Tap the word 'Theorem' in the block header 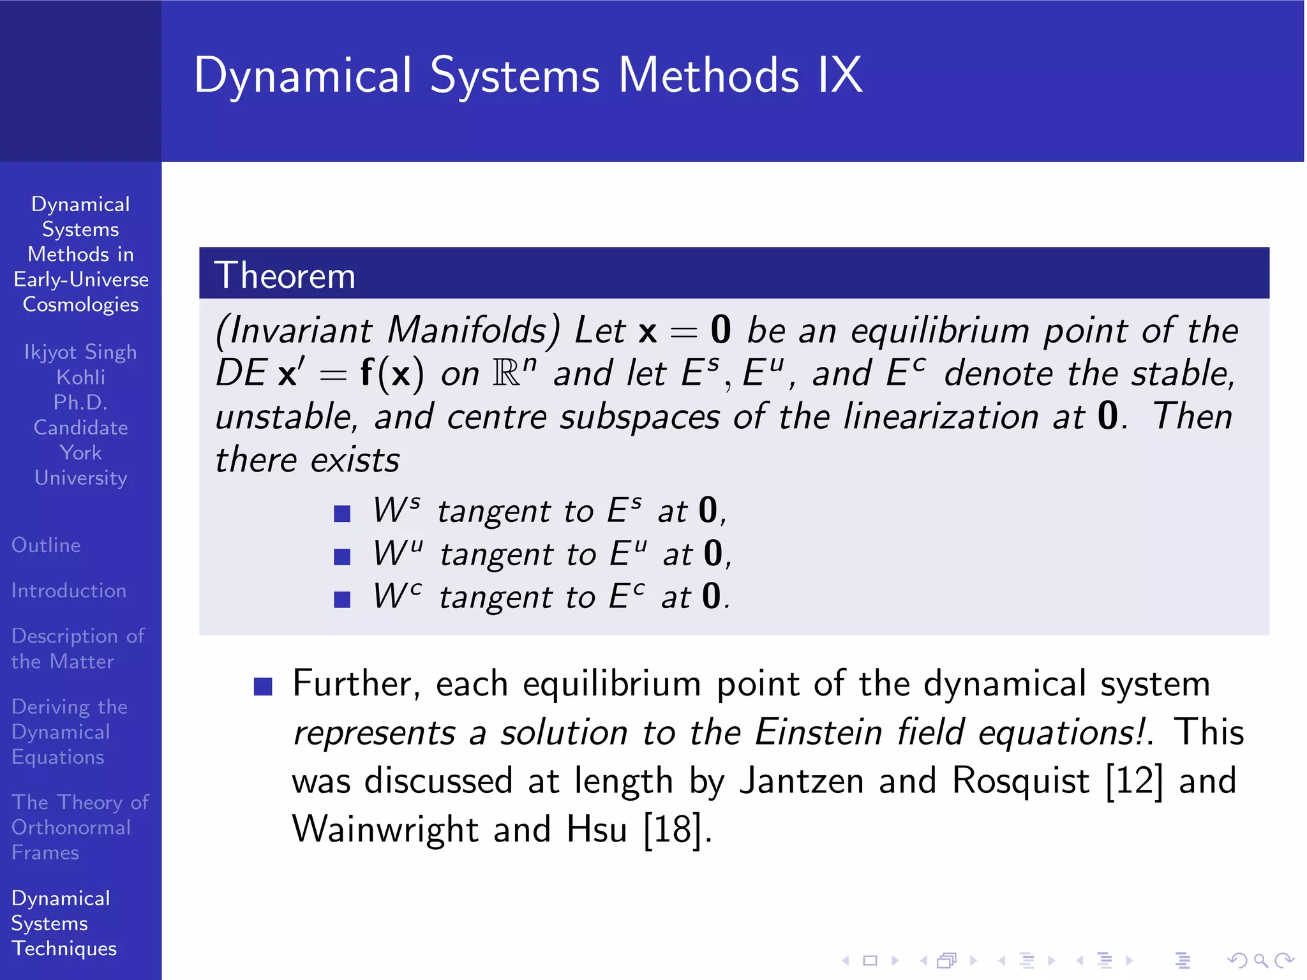pyautogui.click(x=285, y=276)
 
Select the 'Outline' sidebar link pyautogui.click(x=46, y=546)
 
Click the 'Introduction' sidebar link pyautogui.click(x=69, y=591)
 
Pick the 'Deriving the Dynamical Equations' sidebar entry pyautogui.click(x=69, y=732)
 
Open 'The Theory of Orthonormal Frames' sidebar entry pyautogui.click(x=79, y=828)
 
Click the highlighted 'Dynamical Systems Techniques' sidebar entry pyautogui.click(x=64, y=923)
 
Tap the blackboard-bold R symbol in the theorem pyautogui.click(x=507, y=373)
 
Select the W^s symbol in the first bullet pyautogui.click(x=396, y=510)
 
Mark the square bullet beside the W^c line pyautogui.click(x=342, y=600)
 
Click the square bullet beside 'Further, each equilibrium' pyautogui.click(x=263, y=687)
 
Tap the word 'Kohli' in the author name pyautogui.click(x=80, y=378)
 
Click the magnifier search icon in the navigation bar pyautogui.click(x=1260, y=960)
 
